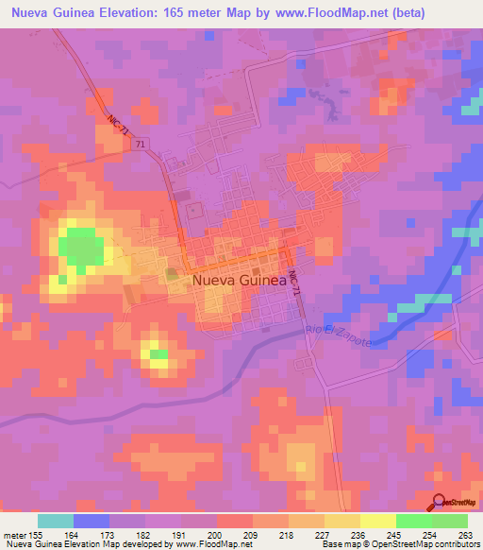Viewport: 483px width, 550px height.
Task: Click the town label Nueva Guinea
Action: (x=240, y=281)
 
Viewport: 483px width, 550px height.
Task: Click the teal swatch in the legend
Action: (x=56, y=521)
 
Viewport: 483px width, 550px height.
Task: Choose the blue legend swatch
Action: (x=92, y=521)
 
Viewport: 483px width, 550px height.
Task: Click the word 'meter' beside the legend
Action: (x=14, y=536)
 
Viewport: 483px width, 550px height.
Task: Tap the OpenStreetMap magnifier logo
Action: (x=439, y=503)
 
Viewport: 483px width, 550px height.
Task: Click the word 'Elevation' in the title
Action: (x=128, y=13)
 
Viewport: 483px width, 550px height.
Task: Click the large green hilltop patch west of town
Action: (x=81, y=248)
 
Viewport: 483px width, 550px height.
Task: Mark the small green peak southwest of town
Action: (x=158, y=354)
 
